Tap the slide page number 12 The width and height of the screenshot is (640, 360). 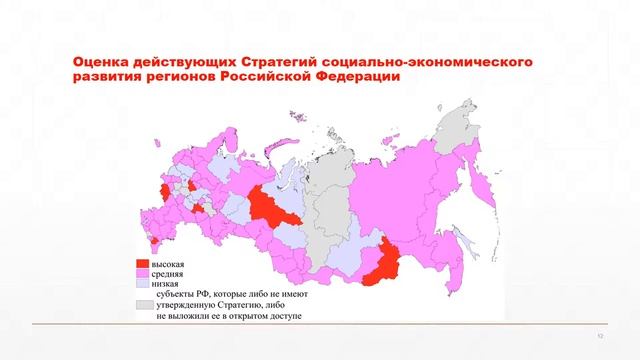click(x=601, y=336)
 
